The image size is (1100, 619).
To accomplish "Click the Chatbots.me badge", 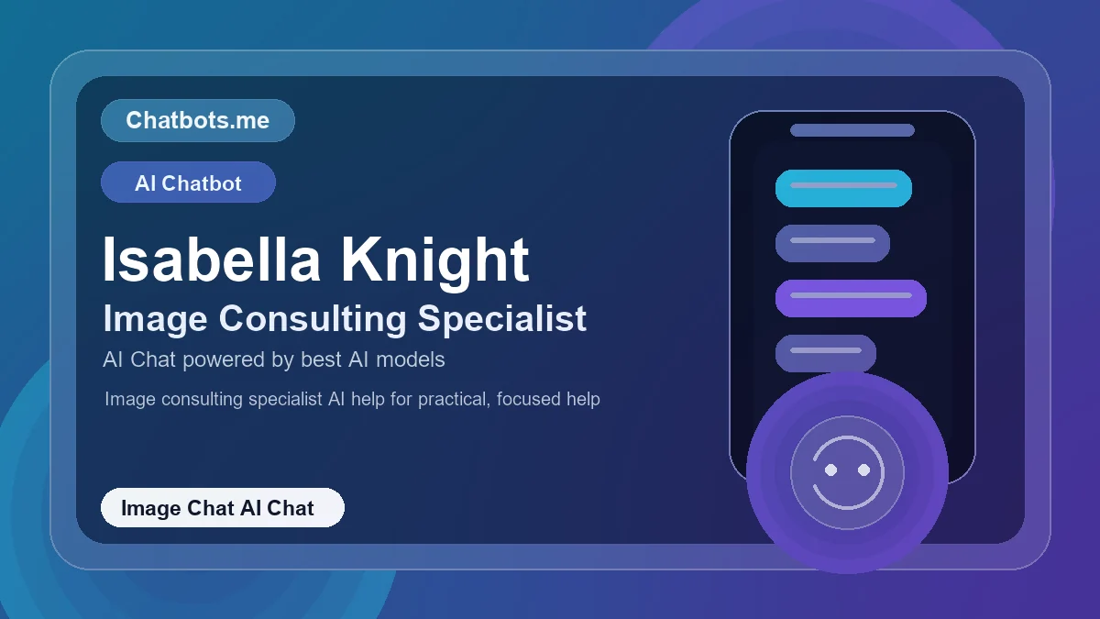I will (x=197, y=120).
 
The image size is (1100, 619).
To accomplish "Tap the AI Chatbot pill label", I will (x=188, y=182).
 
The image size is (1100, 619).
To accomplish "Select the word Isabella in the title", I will (x=211, y=260).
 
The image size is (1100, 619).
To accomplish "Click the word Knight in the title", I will (x=435, y=260).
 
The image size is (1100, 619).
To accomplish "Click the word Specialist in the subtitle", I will (x=502, y=319).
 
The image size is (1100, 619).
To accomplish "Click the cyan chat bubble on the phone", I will (x=843, y=188).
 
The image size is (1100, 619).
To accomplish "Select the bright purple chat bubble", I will (x=851, y=298).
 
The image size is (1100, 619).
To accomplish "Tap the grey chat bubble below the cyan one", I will (x=832, y=243).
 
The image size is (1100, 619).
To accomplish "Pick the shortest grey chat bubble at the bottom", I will (x=825, y=353).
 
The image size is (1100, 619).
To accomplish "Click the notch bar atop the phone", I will (x=852, y=130).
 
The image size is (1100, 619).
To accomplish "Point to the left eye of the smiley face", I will (x=831, y=470).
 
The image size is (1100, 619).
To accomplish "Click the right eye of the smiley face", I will (x=863, y=470).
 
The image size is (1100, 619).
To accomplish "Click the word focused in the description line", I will (x=532, y=400).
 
